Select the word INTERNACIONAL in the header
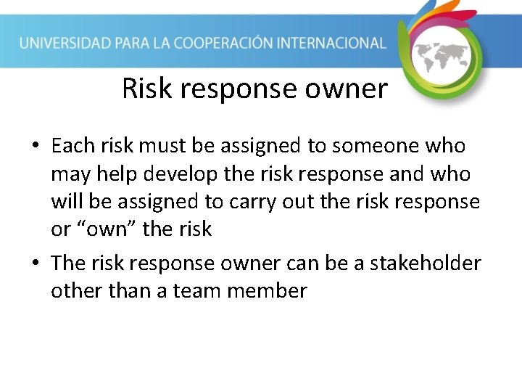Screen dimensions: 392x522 point(333,43)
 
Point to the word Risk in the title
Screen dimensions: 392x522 point(148,89)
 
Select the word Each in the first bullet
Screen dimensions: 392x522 point(73,146)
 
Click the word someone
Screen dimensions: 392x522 point(375,146)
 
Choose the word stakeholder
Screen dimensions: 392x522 point(426,263)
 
